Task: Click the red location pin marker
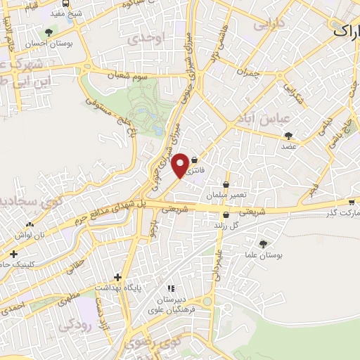pyautogui.click(x=181, y=165)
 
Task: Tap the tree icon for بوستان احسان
pyautogui.click(x=49, y=32)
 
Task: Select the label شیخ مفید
pyautogui.click(x=67, y=13)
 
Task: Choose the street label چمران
pyautogui.click(x=250, y=72)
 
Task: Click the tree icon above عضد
pyautogui.click(x=288, y=136)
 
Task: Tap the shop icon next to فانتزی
pyautogui.click(x=193, y=159)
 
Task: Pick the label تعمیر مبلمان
pyautogui.click(x=226, y=194)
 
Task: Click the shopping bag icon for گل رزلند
pyautogui.click(x=225, y=215)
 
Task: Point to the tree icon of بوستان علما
pyautogui.click(x=263, y=244)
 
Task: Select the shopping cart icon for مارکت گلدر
pyautogui.click(x=351, y=201)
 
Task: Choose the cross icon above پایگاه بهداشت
pyautogui.click(x=117, y=277)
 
